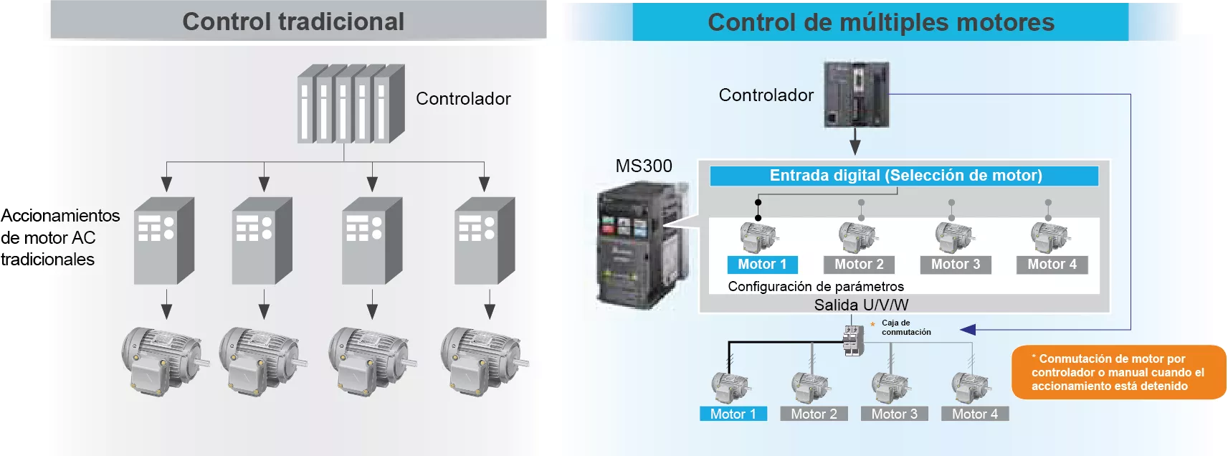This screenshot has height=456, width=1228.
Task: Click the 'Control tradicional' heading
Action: (293, 22)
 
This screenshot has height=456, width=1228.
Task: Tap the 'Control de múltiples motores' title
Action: (880, 22)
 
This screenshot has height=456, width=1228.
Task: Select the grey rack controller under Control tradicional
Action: (351, 105)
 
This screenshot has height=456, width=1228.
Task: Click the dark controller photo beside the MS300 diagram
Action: (857, 94)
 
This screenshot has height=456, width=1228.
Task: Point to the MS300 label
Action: (644, 166)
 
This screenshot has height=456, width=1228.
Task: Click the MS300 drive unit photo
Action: (639, 244)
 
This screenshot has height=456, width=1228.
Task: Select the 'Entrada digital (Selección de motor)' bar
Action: (905, 176)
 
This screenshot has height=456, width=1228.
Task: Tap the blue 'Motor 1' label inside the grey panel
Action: (762, 265)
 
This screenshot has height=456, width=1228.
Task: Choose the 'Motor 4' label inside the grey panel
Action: (1052, 265)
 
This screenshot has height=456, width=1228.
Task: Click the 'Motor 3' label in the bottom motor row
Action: (894, 414)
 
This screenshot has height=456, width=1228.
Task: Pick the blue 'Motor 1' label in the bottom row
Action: (733, 414)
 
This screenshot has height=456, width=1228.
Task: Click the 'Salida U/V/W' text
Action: (861, 305)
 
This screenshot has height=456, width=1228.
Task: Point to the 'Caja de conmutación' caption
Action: (905, 328)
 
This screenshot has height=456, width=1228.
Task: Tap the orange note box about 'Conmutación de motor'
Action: (1118, 372)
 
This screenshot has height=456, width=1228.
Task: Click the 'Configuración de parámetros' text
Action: (816, 287)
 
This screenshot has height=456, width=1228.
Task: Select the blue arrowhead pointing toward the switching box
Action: (968, 330)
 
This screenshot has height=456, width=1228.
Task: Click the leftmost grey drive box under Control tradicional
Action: (164, 241)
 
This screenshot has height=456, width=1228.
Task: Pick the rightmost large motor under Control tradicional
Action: (482, 361)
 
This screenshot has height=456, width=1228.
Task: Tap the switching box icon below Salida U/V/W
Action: (852, 340)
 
